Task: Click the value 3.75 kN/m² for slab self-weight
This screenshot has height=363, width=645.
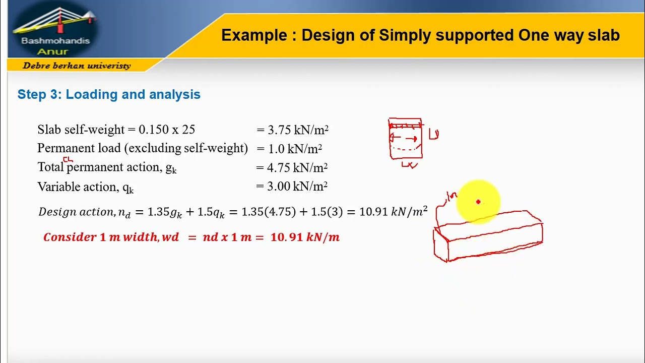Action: (297, 130)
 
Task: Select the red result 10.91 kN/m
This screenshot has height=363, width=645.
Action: (305, 237)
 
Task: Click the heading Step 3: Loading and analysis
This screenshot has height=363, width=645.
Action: (109, 95)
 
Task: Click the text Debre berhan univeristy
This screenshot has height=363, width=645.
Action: (77, 66)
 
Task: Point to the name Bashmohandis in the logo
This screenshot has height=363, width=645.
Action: (55, 41)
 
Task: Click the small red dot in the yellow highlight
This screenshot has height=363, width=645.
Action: (478, 202)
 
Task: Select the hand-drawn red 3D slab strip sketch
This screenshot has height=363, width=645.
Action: (488, 236)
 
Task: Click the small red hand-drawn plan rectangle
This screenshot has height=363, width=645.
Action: (405, 139)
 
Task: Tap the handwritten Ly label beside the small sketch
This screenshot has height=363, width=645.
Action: (434, 134)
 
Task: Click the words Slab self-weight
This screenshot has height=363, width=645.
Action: (81, 130)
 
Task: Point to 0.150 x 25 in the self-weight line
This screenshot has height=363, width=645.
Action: (167, 130)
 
